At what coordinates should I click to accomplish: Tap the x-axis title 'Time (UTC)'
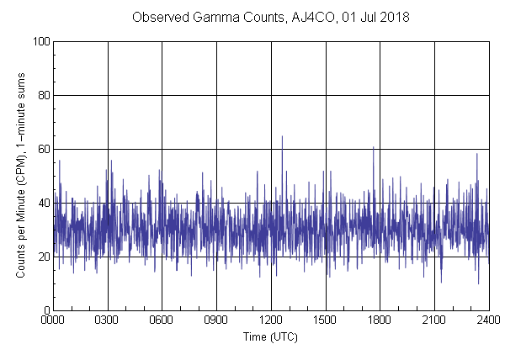tap(270, 336)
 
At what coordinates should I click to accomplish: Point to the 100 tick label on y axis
tap(40, 41)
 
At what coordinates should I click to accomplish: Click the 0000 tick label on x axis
tap(53, 320)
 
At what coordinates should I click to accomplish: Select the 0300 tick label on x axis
tap(108, 320)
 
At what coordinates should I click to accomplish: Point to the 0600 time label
tap(162, 320)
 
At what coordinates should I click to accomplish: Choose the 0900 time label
tap(216, 320)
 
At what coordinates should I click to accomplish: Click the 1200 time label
tap(271, 320)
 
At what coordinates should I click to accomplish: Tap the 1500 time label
tap(325, 320)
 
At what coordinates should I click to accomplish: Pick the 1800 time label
tap(380, 320)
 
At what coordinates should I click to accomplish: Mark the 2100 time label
tap(434, 320)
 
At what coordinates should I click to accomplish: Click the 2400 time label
tap(488, 320)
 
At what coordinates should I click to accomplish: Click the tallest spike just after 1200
tap(282, 136)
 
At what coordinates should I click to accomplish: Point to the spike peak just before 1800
tap(373, 147)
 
